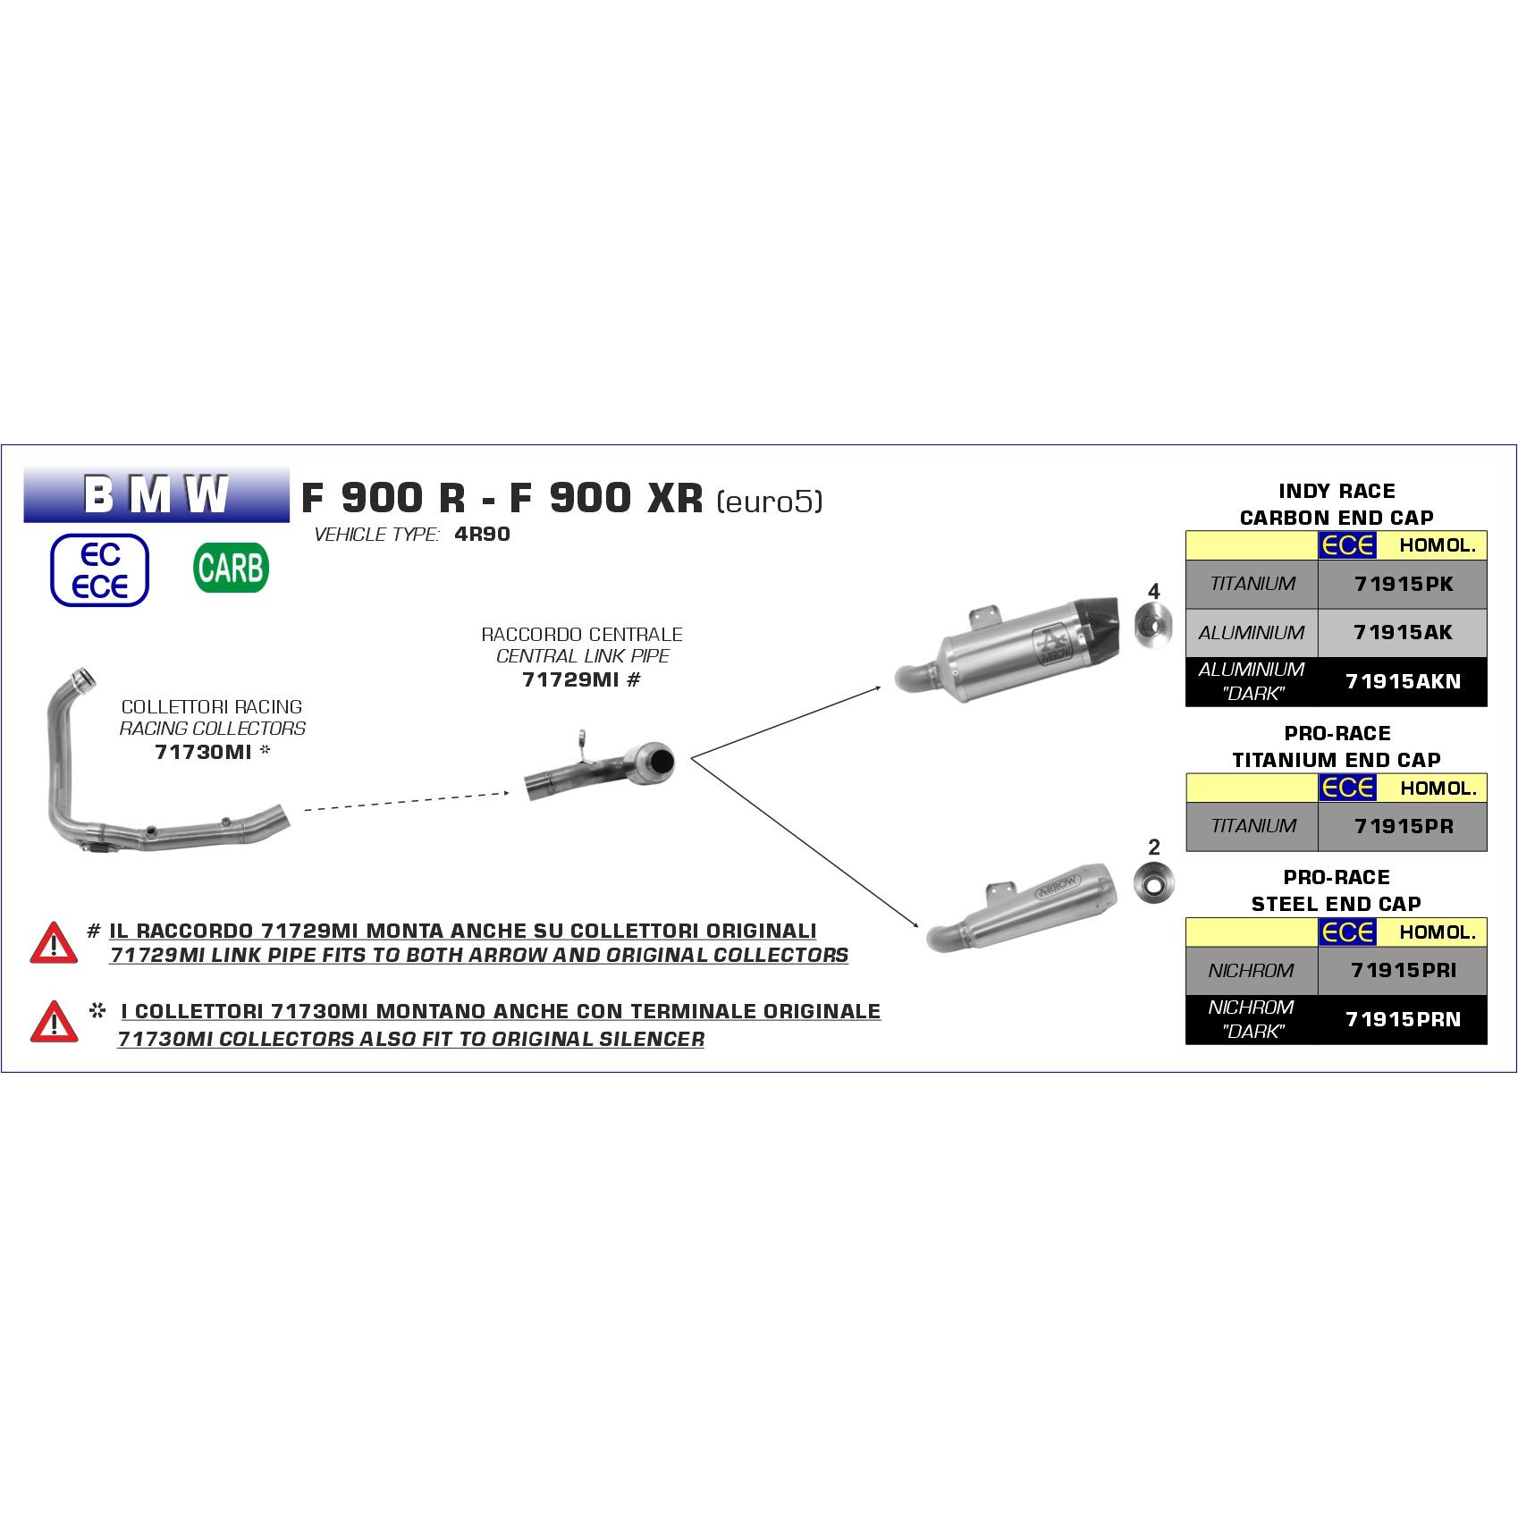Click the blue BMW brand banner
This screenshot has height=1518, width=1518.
(x=156, y=493)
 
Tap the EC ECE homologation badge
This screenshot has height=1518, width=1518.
(x=100, y=569)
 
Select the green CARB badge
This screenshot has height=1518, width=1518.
(x=231, y=569)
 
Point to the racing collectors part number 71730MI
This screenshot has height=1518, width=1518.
(x=203, y=752)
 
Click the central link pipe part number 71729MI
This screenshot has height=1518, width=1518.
(x=570, y=679)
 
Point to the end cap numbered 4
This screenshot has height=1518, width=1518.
(x=1153, y=626)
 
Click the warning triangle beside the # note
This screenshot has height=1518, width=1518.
(x=54, y=942)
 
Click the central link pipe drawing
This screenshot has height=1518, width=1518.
(x=599, y=766)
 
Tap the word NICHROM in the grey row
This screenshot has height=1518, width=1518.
(x=1251, y=970)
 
